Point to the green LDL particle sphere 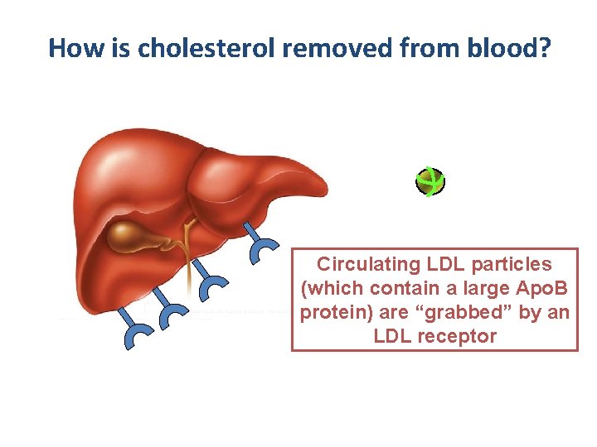pyautogui.click(x=430, y=182)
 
